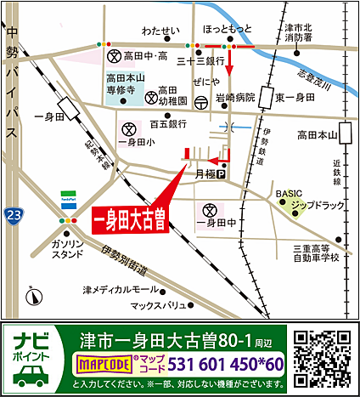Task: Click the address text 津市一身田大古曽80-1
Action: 166,340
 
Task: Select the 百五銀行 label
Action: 167,124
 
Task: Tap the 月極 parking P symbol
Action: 221,175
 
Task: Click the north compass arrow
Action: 32,296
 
